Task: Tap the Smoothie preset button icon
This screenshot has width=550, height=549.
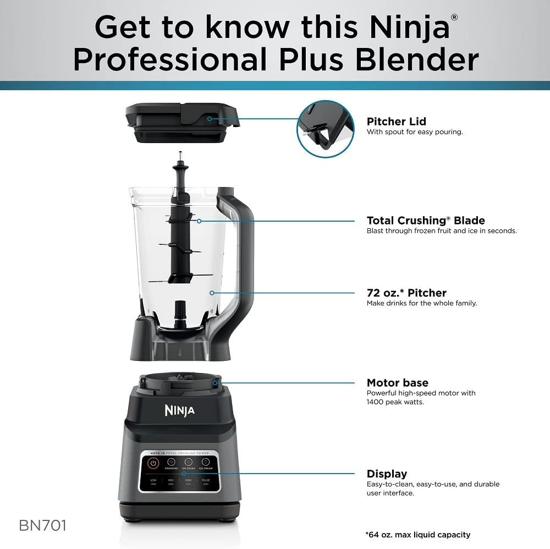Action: tap(170, 463)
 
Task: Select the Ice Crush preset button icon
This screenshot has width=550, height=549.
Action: tap(188, 463)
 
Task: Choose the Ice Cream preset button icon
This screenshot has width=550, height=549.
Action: tap(206, 463)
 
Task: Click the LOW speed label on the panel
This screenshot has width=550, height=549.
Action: tap(153, 480)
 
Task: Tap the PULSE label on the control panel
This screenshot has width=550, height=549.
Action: tap(206, 480)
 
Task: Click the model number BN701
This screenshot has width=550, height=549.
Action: tap(42, 525)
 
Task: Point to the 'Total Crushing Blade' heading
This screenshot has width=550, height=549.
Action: tap(426, 221)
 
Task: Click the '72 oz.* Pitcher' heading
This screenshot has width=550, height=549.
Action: tap(406, 293)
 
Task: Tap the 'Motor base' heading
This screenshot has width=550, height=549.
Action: tap(397, 383)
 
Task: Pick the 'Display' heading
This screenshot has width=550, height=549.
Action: tap(387, 474)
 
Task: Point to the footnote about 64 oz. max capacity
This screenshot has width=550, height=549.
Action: tap(418, 535)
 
